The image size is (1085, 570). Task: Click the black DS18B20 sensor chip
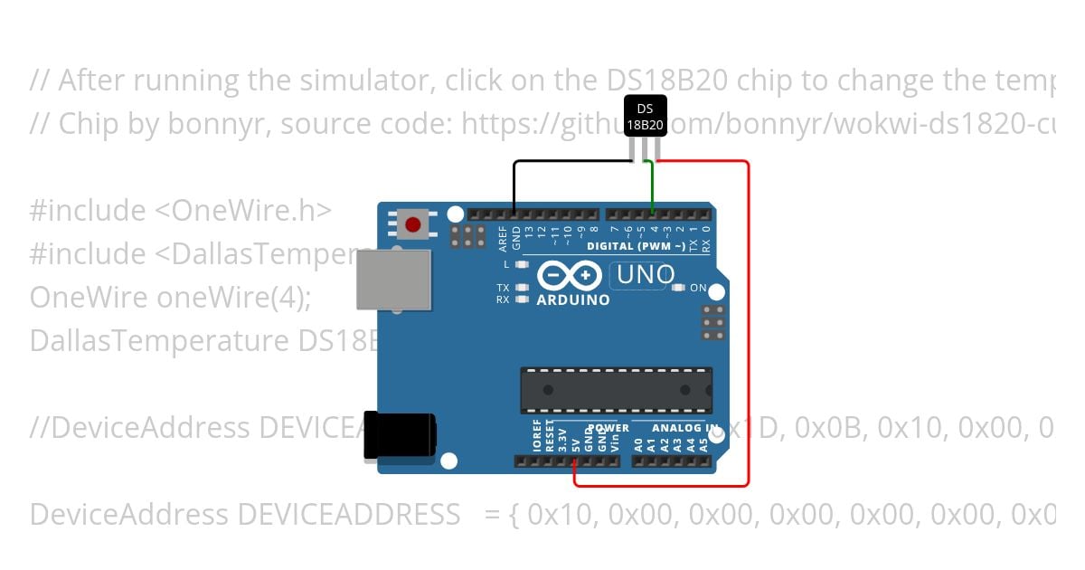[646, 117]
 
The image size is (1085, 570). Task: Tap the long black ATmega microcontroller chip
[616, 389]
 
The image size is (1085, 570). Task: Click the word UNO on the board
[646, 275]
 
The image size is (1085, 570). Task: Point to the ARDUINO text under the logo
[573, 299]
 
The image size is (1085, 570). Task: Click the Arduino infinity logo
[569, 274]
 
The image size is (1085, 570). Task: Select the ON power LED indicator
[679, 288]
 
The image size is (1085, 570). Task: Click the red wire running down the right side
[749, 326]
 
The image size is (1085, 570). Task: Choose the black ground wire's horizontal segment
[570, 162]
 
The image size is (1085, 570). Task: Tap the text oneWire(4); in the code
[233, 298]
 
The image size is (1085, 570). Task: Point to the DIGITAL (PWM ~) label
[636, 246]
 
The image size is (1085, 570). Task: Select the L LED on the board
[520, 264]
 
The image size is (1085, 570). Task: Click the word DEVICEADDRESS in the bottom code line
[348, 515]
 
